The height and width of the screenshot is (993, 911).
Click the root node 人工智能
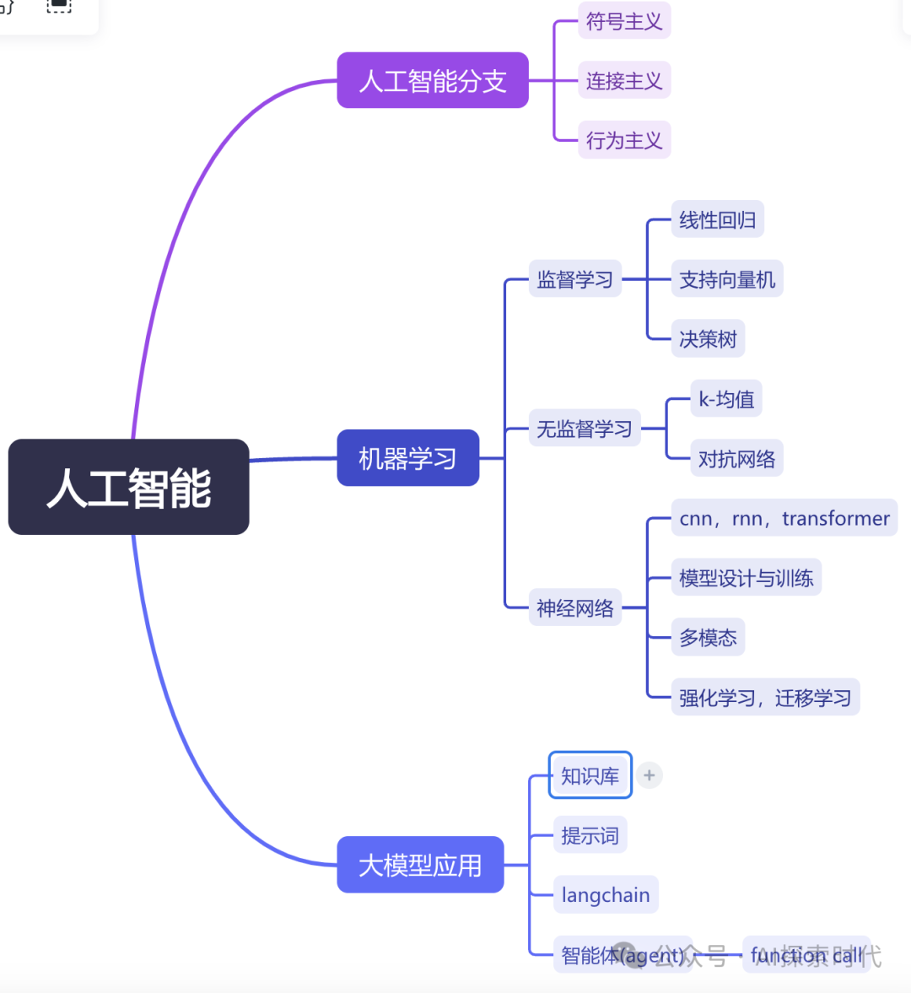128,487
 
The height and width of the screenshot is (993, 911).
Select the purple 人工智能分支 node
432,80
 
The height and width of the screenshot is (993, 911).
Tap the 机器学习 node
407,458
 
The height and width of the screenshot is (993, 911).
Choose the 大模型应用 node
420,865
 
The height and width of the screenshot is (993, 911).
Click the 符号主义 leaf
623,21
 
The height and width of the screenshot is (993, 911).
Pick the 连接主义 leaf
623,80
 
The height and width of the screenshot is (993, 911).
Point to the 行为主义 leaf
623,140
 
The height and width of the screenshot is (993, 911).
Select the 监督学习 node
574,279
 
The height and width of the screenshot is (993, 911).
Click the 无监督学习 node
584,429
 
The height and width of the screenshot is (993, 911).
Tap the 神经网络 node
574,607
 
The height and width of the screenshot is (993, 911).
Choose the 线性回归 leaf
717,219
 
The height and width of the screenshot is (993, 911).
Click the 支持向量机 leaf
726,279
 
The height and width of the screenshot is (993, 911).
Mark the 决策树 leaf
708,339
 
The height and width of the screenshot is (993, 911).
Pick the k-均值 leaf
726,398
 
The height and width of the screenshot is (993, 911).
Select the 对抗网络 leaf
736,458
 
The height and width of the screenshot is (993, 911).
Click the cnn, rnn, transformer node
784,518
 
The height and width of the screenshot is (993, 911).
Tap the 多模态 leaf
708,638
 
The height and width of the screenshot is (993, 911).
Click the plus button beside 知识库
649,775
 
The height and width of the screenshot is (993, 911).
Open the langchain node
605,895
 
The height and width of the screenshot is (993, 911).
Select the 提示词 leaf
590,835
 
